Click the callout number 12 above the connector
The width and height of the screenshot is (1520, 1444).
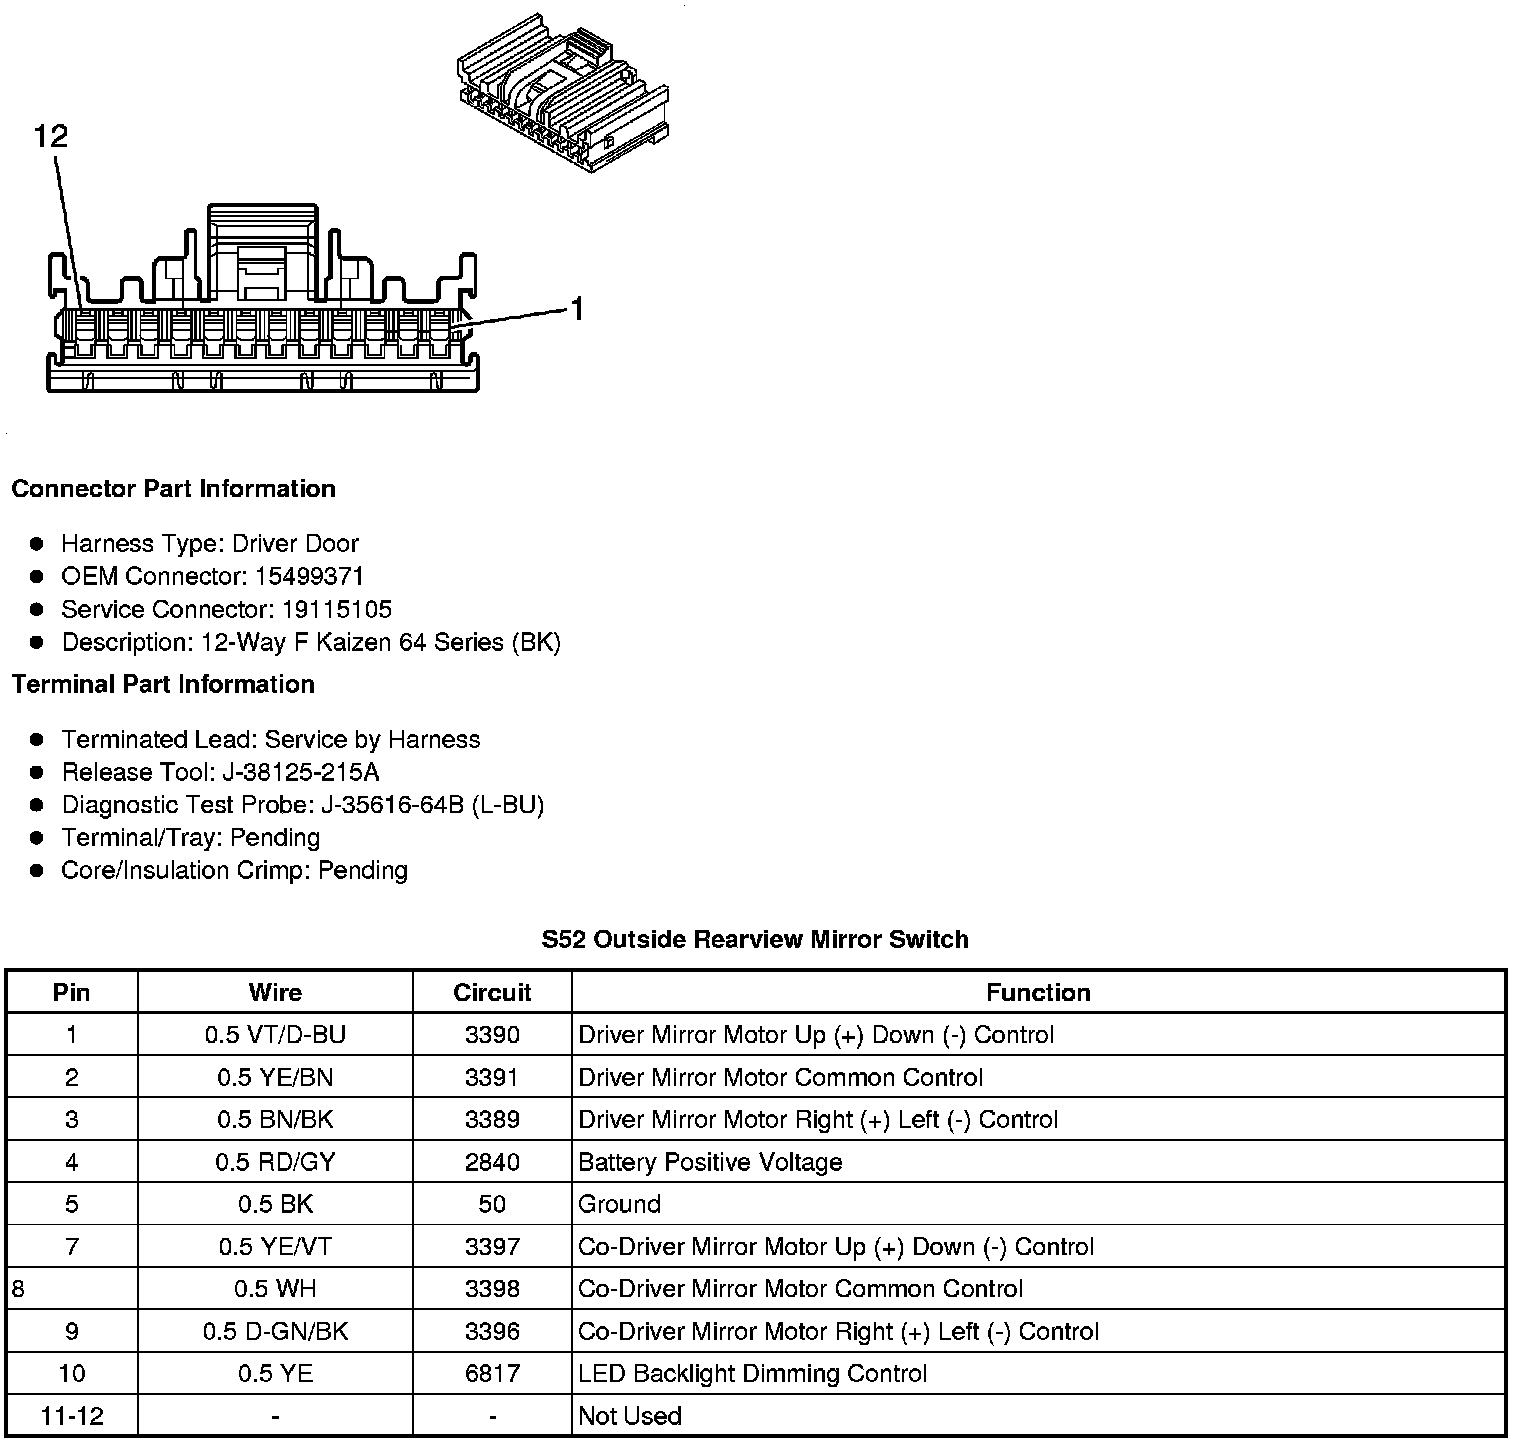(x=51, y=136)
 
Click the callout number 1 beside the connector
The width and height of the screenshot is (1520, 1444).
(x=576, y=309)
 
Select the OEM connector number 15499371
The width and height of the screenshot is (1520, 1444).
(x=309, y=576)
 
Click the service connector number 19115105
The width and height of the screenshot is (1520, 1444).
(x=337, y=609)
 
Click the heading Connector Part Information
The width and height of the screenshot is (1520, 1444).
(x=174, y=489)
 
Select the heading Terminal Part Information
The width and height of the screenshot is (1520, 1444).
(x=163, y=684)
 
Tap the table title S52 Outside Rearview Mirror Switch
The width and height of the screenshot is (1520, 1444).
(x=755, y=939)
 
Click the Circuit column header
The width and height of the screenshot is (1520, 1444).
(x=492, y=992)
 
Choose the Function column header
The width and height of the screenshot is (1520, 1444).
(x=1038, y=992)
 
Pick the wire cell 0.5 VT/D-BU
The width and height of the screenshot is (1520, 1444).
(x=275, y=1035)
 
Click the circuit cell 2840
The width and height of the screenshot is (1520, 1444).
(x=492, y=1162)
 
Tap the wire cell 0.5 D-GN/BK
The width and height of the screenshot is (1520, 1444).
(x=275, y=1332)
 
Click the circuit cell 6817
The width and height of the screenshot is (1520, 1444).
(x=492, y=1374)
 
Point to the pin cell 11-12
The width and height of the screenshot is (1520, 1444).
(x=72, y=1416)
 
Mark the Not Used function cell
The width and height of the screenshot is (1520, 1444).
(x=630, y=1416)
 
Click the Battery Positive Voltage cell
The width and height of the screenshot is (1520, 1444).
(x=710, y=1162)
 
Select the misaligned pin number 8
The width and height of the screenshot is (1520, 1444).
(x=18, y=1289)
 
